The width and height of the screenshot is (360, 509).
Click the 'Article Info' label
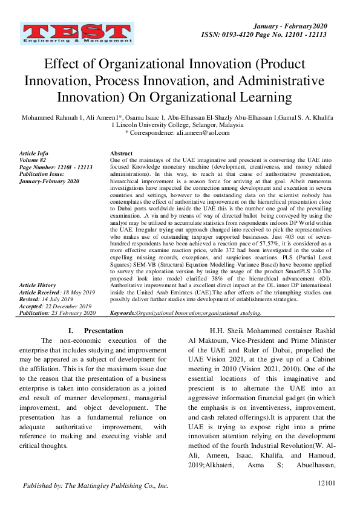34,154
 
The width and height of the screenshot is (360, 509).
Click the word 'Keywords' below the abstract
123,313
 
